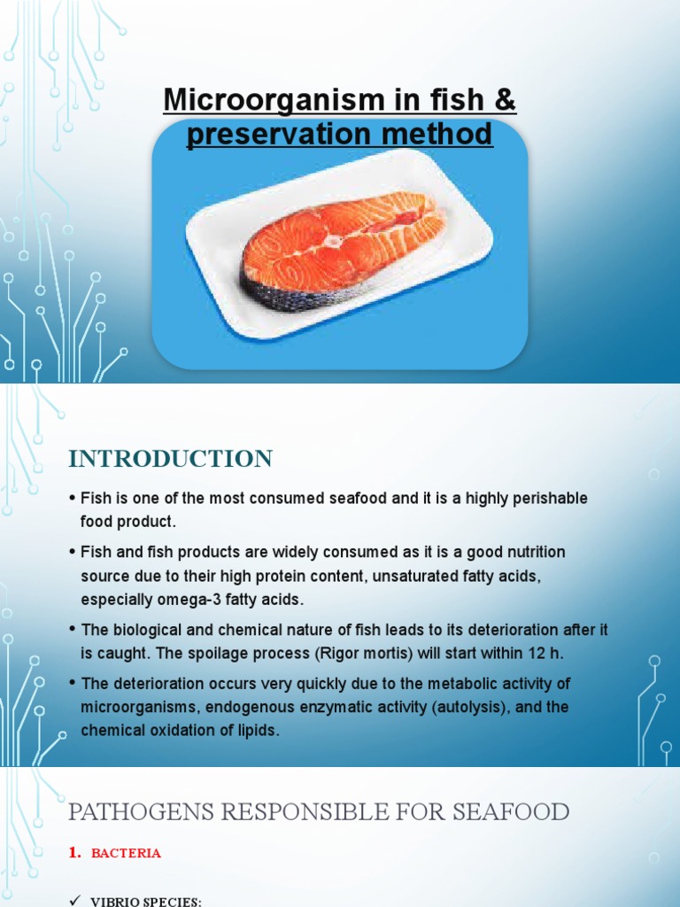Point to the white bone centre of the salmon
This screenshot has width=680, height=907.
(x=334, y=239)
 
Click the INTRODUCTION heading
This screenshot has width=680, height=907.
(x=171, y=459)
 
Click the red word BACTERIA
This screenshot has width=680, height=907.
(x=126, y=853)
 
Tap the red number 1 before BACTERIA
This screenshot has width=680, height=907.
(x=73, y=853)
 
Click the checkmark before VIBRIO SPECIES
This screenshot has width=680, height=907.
(x=74, y=901)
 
